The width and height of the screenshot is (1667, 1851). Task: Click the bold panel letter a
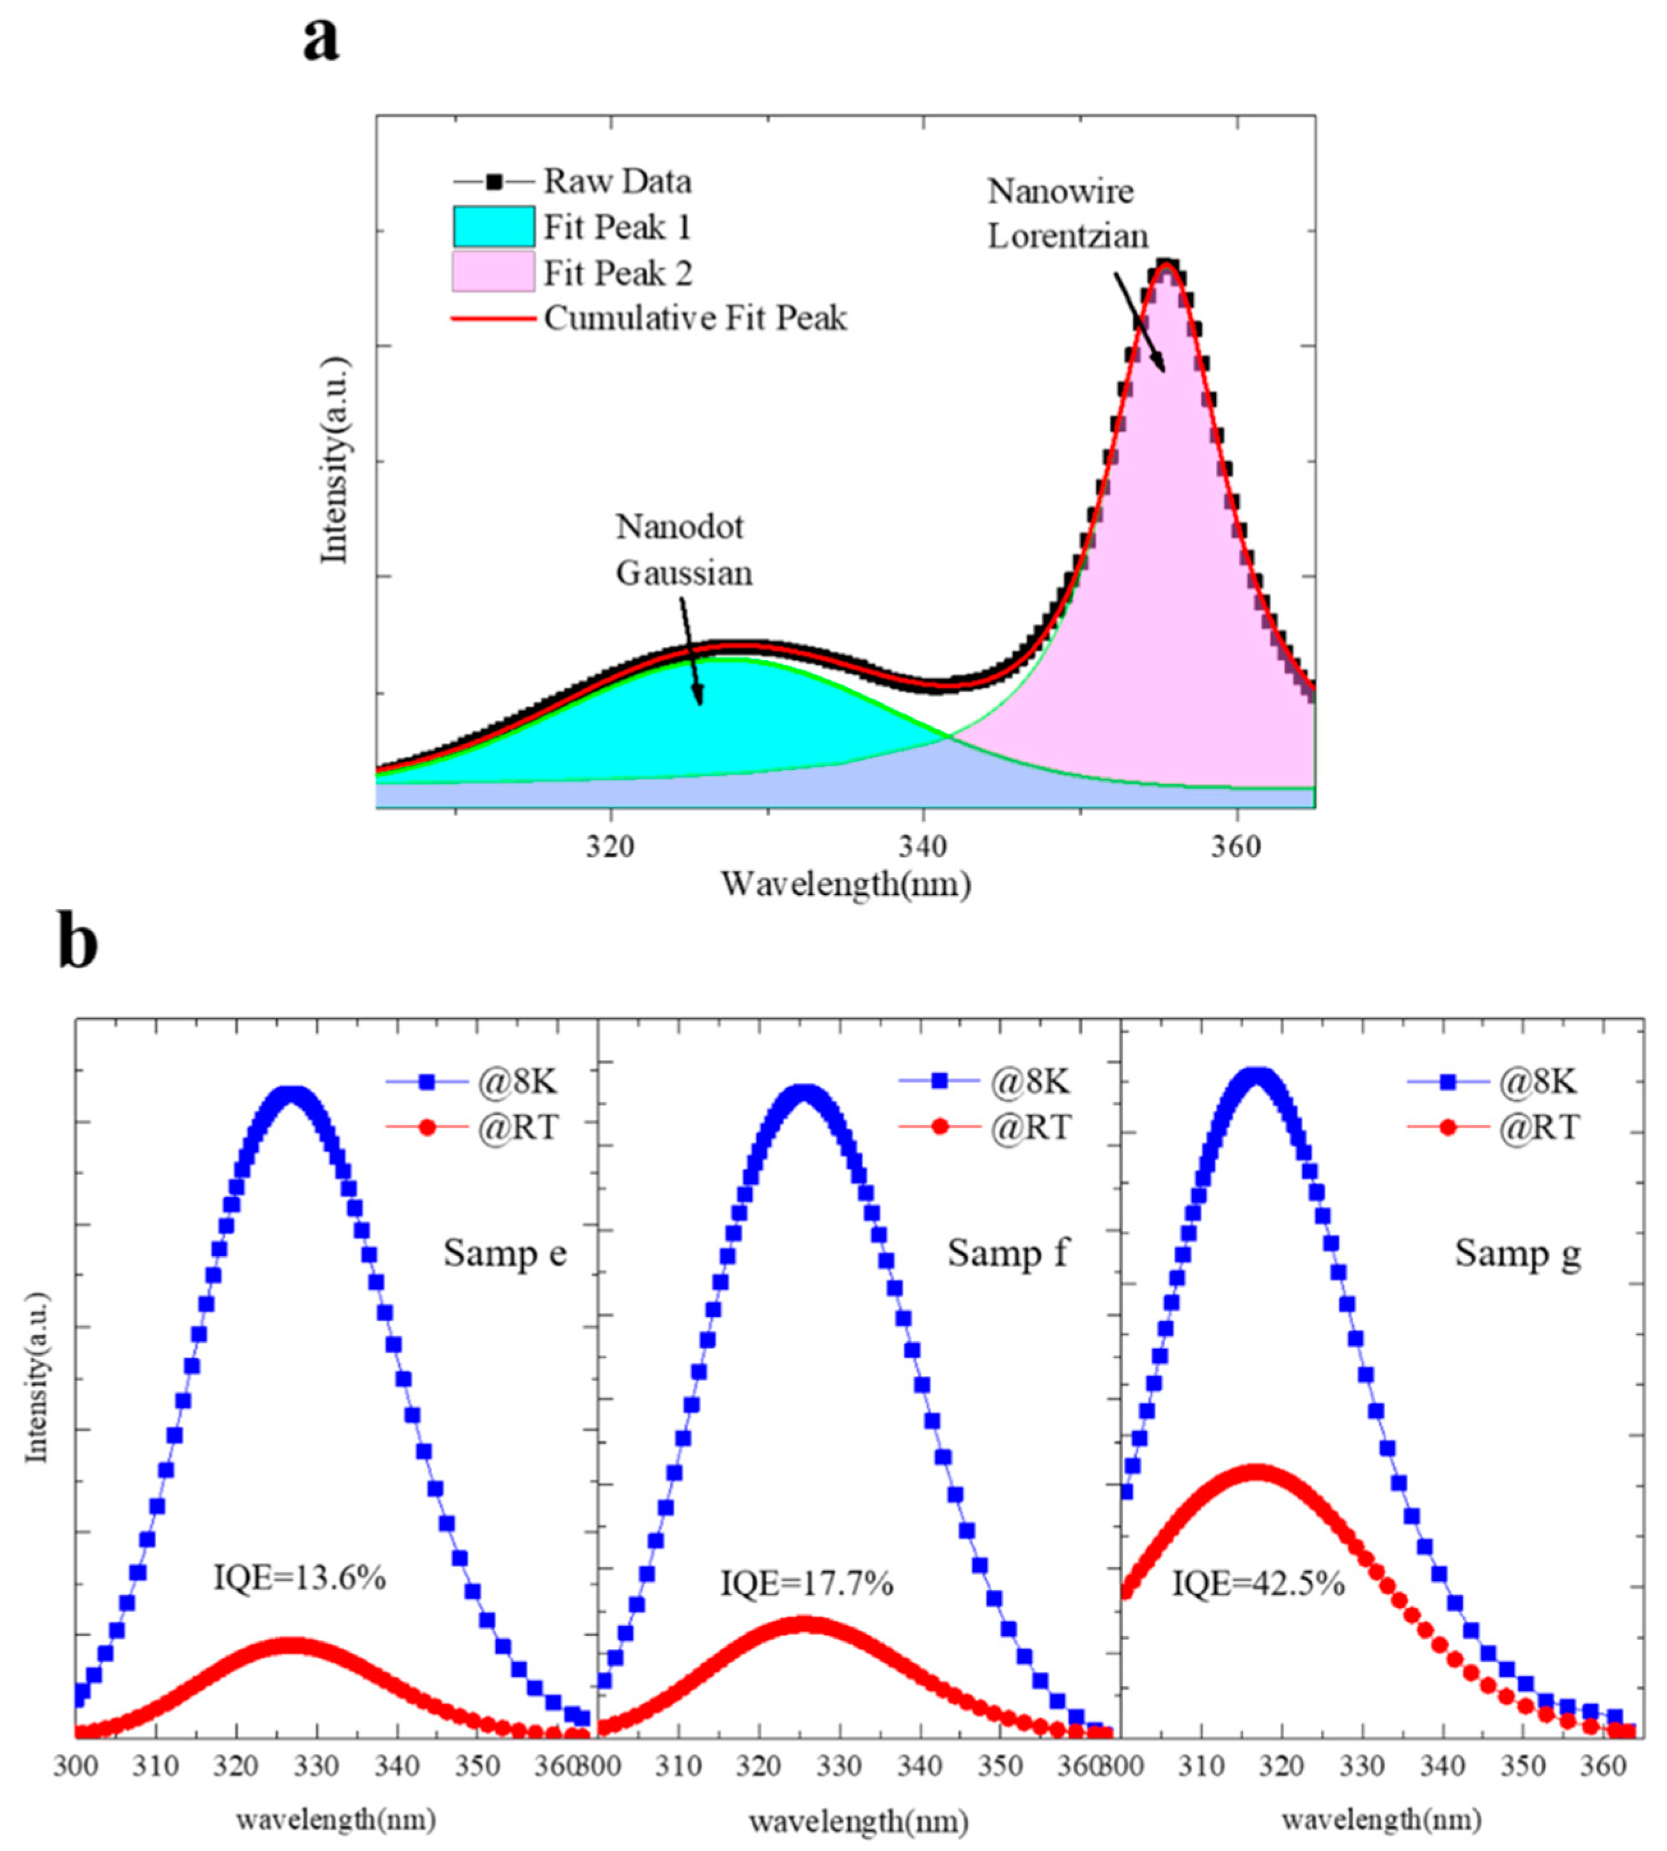(x=320, y=41)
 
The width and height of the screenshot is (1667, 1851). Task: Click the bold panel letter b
(x=79, y=941)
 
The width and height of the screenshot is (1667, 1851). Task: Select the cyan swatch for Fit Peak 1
(x=493, y=227)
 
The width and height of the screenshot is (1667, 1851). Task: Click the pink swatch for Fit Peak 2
(x=493, y=273)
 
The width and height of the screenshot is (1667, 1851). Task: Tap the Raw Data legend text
(x=617, y=182)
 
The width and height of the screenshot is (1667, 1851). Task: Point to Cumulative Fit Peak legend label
(x=695, y=318)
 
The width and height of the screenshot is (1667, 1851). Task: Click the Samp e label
(x=505, y=1252)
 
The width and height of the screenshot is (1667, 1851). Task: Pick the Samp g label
(x=1518, y=1252)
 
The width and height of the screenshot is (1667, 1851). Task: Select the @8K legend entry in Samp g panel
(x=1538, y=1082)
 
